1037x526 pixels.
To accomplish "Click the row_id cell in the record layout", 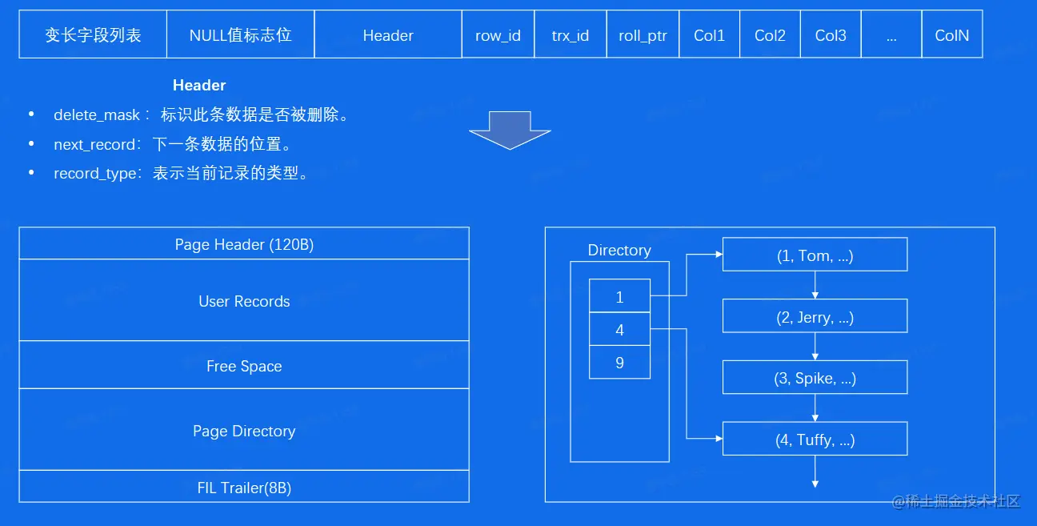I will point(498,35).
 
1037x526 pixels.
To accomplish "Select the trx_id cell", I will point(571,35).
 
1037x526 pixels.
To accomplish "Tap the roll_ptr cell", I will point(643,35).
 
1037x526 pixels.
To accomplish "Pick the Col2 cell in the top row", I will point(770,35).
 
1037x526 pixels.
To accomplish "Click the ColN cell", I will point(951,35).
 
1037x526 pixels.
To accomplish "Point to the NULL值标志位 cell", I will point(240,35).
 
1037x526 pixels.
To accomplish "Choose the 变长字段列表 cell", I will point(93,35).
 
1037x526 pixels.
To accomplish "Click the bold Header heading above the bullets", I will point(199,85).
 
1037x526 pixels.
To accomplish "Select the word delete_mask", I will point(97,115).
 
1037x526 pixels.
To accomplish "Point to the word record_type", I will point(95,174).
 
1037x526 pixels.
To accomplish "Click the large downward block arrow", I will point(510,130).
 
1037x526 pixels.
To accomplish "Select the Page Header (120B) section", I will point(244,244).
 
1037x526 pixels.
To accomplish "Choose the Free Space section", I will point(244,366).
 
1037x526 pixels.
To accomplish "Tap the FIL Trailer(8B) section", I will point(244,487).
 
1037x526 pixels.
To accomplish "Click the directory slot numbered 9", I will point(619,363).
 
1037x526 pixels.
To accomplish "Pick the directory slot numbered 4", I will point(619,330).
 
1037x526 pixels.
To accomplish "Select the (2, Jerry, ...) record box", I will point(815,317).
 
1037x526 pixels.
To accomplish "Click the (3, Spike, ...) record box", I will point(815,378).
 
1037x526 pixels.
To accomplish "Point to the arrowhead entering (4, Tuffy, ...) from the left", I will point(718,439).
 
